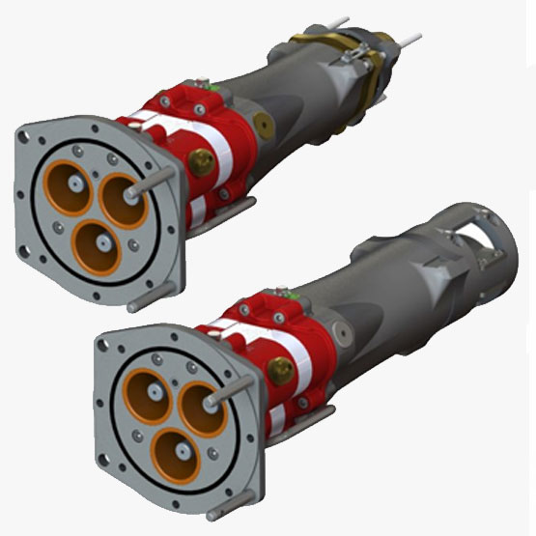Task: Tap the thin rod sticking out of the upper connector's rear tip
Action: (x=409, y=39)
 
